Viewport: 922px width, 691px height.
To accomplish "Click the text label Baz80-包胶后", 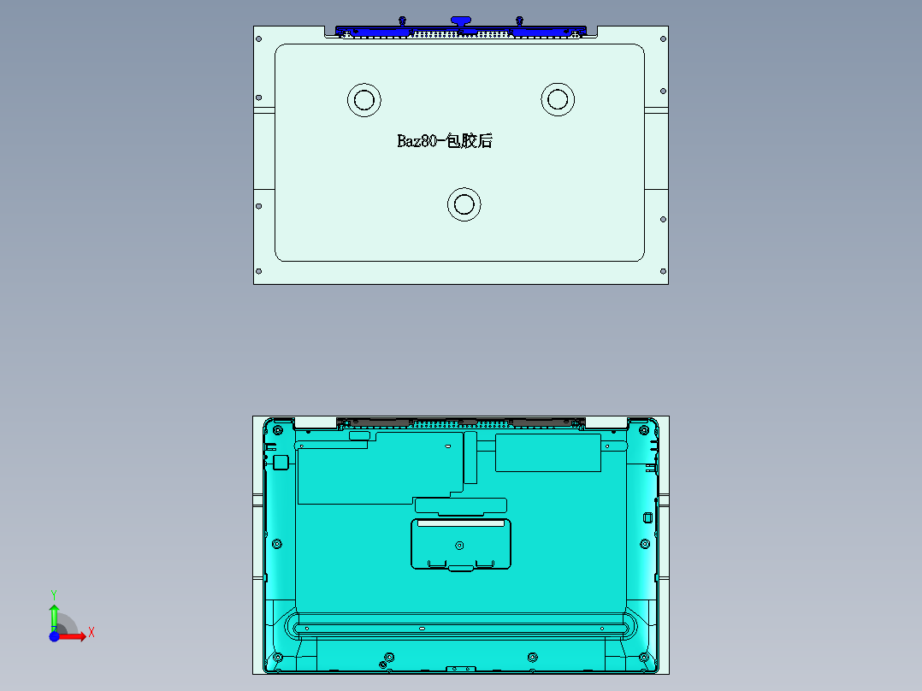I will (445, 141).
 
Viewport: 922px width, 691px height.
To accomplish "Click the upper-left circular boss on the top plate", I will (363, 99).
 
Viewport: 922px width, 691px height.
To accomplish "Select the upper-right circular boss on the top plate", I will (558, 99).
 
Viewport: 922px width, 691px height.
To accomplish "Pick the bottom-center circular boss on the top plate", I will (464, 204).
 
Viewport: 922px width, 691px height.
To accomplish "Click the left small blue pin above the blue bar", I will (402, 20).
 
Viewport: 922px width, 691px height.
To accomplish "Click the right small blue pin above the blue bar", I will (519, 20).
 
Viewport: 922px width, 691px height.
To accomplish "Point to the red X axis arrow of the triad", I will (79, 636).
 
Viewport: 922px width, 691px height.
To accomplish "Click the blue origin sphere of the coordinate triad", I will (54, 636).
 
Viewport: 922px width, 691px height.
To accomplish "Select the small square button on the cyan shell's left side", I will (280, 463).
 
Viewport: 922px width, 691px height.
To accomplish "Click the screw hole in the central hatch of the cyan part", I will (460, 545).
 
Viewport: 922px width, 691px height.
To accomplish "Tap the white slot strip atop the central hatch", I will (460, 523).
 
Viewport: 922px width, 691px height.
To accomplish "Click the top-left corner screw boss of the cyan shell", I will (275, 429).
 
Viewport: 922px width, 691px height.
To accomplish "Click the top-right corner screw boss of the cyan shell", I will (644, 429).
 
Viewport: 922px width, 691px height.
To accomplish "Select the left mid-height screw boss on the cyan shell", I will (276, 544).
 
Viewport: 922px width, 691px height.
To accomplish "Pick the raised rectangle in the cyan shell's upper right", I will (547, 452).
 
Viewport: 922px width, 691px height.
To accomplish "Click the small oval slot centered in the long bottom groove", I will (422, 629).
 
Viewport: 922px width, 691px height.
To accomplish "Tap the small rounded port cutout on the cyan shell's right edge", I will (647, 517).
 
